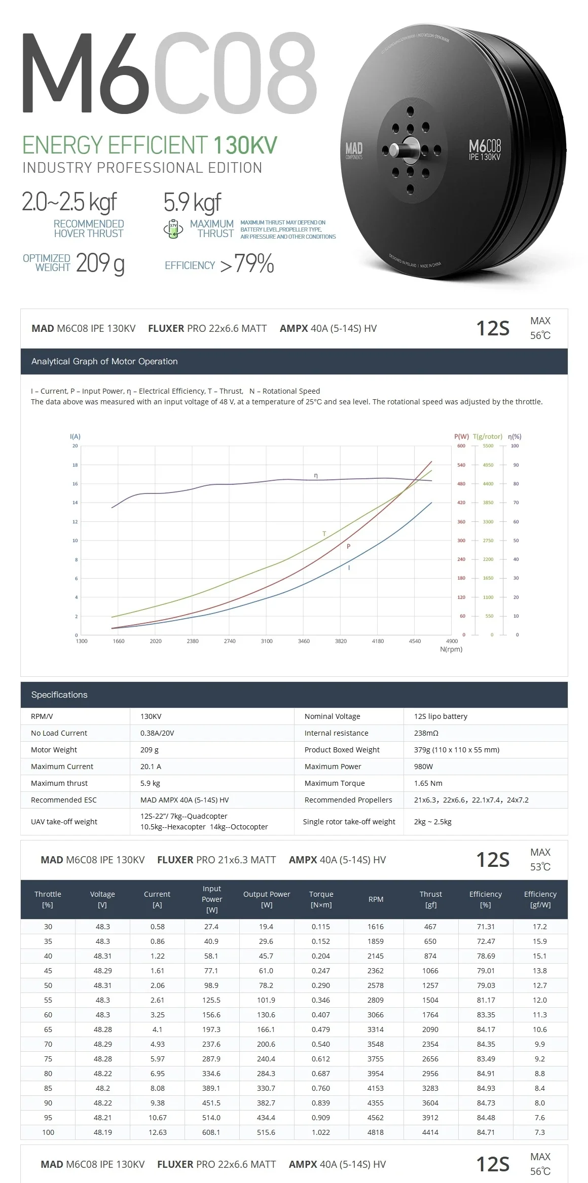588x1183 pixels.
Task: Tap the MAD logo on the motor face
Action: (354, 150)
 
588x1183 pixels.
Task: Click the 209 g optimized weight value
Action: (100, 263)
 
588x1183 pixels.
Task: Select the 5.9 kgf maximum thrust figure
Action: (192, 202)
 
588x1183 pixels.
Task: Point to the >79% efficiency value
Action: (247, 264)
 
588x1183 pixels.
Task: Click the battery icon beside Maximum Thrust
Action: (173, 229)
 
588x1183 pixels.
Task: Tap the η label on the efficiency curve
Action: (316, 475)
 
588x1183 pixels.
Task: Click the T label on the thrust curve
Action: (324, 533)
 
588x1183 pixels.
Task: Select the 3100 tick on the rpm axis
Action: (267, 641)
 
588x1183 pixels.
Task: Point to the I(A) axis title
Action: (75, 436)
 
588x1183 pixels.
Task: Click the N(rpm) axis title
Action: (451, 649)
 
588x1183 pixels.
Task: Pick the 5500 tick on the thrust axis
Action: (488, 446)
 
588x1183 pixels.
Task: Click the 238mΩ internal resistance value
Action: (426, 733)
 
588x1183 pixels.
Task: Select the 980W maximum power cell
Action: (423, 767)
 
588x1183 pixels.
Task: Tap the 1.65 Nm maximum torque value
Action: (428, 783)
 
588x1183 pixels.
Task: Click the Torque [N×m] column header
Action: (321, 899)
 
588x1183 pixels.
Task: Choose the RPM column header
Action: (376, 899)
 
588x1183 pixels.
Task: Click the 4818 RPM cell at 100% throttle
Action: (376, 1132)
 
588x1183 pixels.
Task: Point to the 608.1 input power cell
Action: (211, 1132)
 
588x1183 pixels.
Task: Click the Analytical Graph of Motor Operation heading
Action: (104, 361)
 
